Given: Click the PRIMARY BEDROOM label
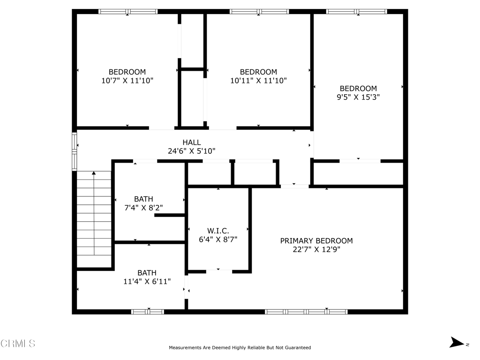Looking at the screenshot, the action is pos(316,241).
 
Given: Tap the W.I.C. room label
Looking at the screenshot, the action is pos(218,231).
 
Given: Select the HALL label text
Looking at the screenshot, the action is pos(192,142).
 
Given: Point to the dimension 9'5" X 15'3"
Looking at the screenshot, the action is pos(358,97).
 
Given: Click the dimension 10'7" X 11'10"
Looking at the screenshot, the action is pos(127,81).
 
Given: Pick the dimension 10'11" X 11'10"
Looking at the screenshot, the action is pos(258,81).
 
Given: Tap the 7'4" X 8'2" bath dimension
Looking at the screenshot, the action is pos(143,208).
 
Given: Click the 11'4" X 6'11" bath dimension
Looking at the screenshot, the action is pos(147,281).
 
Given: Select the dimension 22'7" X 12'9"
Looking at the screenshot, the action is pos(316,249).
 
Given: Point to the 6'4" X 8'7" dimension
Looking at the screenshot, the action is pos(218,240).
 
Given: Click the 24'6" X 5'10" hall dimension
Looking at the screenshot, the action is pos(192,151).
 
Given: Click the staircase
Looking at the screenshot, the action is pos(94,219).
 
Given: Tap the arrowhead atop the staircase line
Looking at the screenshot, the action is pos(94,173).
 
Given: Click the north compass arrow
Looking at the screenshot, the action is pos(457,342).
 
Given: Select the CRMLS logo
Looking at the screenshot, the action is pos(18,344).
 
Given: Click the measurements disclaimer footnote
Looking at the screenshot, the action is pos(240,347).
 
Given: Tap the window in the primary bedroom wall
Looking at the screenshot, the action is pos(306,312).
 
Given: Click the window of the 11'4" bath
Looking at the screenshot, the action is pos(148,312).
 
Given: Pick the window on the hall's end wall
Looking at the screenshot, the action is pos(75,151).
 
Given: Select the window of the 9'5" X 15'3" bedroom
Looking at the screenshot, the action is pos(357,12).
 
